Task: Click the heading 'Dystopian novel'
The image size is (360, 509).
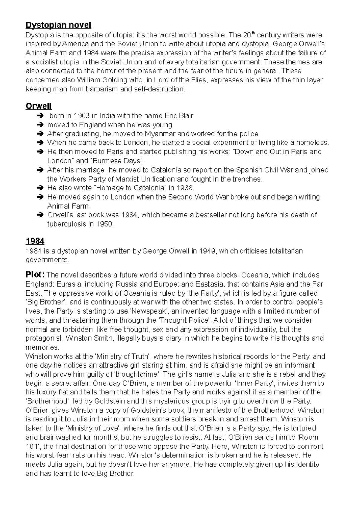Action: coord(58,25)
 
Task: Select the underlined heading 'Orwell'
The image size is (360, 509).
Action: coord(38,106)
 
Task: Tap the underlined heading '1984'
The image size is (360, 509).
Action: coord(35,241)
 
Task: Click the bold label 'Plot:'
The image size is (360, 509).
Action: coord(35,275)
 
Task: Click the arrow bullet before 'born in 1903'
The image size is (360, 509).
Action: coord(40,116)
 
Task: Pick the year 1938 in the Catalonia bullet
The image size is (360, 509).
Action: coord(185,188)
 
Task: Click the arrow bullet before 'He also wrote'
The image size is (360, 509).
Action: coord(40,189)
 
